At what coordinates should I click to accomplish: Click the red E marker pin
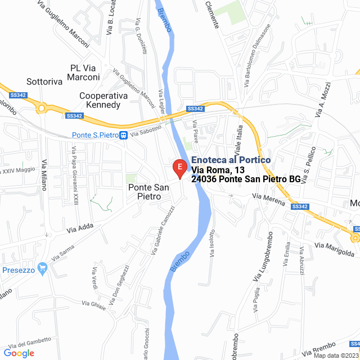coord(179,168)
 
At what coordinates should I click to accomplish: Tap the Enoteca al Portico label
coord(231,160)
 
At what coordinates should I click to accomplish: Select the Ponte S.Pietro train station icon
coord(123,135)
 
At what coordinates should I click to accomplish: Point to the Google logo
coord(19,353)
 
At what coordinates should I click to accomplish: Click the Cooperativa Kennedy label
coord(100,100)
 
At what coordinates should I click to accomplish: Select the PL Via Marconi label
coord(85,73)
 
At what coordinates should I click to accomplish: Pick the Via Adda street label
coord(79,228)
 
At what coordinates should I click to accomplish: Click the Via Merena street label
coord(268,199)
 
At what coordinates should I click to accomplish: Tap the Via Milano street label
coord(44,175)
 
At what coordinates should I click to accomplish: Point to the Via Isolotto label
coord(212,243)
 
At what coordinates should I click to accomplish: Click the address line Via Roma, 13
coord(218,170)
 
